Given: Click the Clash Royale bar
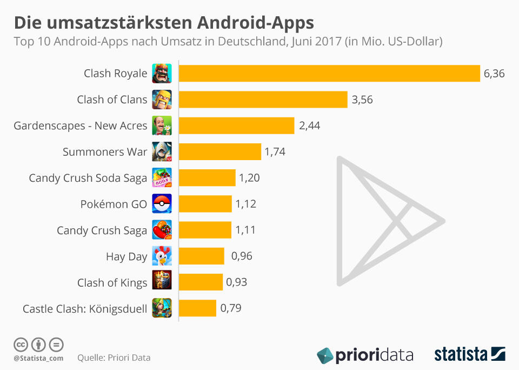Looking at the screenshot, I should [329, 73].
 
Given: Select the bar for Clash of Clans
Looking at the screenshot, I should [263, 100].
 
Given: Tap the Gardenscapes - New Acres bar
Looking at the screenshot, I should [236, 125].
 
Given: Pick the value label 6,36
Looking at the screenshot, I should [494, 74].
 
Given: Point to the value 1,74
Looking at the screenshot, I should [275, 152].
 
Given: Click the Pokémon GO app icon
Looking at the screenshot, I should [162, 203].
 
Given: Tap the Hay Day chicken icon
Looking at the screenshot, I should [162, 256].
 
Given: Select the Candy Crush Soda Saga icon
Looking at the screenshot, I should [162, 178].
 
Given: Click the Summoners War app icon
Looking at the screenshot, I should [162, 152].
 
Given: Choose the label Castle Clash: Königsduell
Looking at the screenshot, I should [85, 309].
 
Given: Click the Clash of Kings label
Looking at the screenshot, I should [112, 282].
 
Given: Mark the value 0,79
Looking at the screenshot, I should [230, 308].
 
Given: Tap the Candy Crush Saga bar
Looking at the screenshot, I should [205, 230].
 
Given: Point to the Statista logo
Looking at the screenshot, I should [470, 354].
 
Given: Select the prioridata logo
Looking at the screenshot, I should [365, 355].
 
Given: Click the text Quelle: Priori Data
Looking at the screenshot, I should [114, 358].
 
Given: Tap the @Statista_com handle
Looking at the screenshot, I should [38, 358].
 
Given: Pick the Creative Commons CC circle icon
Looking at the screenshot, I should [21, 344].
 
